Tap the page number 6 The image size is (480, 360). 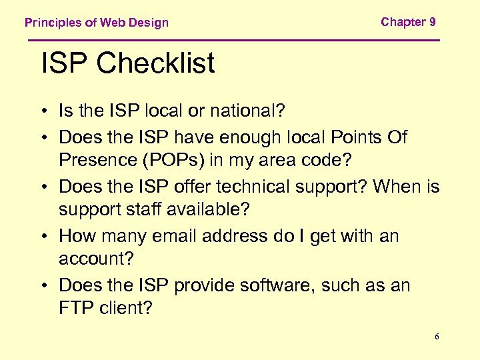(x=437, y=337)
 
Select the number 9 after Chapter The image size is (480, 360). (x=433, y=22)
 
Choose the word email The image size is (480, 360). (x=179, y=236)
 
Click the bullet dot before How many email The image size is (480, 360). (x=46, y=237)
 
